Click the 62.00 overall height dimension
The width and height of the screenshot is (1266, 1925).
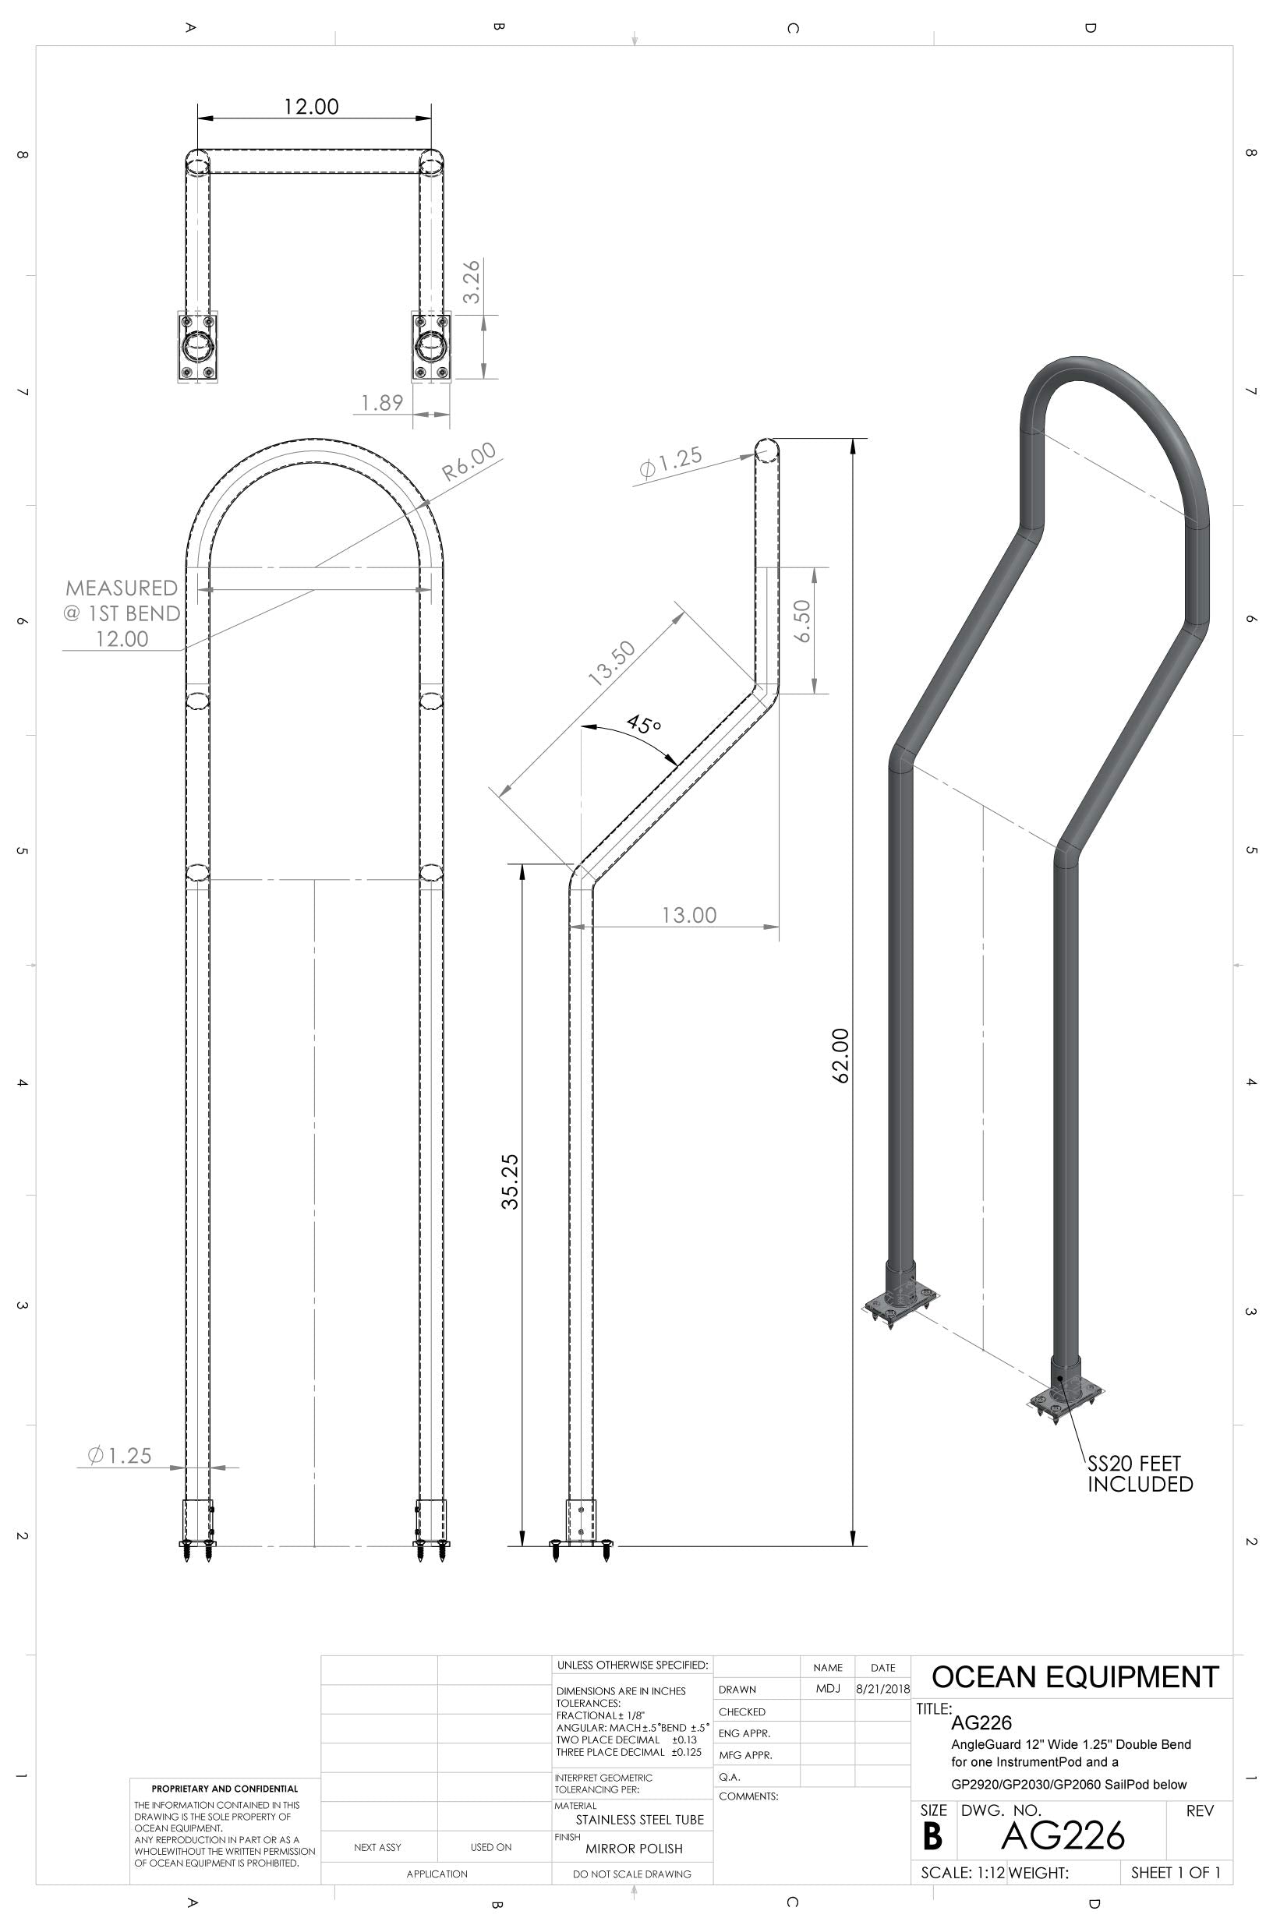click(840, 1055)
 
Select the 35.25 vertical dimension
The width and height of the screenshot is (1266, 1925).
click(511, 1181)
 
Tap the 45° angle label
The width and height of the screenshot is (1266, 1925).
click(644, 724)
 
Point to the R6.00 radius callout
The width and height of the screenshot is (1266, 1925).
click(469, 462)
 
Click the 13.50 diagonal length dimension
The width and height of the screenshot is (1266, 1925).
click(612, 663)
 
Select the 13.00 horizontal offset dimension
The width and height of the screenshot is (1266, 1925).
click(689, 915)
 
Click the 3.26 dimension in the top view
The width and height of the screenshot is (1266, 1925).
click(472, 281)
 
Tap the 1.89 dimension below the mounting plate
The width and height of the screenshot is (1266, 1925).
click(382, 402)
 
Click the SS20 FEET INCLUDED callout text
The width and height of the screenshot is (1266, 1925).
click(1139, 1474)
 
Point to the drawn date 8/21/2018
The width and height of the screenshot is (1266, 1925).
click(882, 1690)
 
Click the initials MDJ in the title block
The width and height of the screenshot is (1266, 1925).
click(828, 1689)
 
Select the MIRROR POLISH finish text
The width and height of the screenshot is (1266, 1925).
click(634, 1849)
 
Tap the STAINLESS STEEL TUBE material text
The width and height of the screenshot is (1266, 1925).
click(639, 1820)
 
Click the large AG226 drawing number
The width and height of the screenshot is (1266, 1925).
click(1062, 1837)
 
